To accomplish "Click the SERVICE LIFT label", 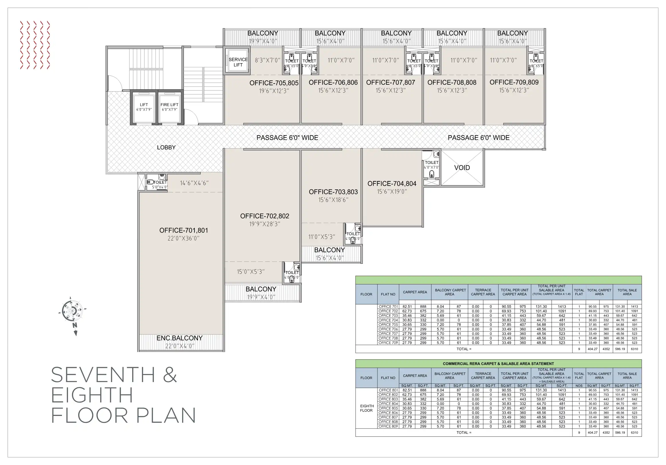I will pyautogui.click(x=238, y=62).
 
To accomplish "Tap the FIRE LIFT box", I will pyautogui.click(x=170, y=107).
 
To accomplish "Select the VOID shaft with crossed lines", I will pyautogui.click(x=462, y=168).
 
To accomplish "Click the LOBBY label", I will pyautogui.click(x=166, y=148).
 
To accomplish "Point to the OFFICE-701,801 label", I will pyautogui.click(x=184, y=230).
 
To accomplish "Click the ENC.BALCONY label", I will pyautogui.click(x=180, y=338).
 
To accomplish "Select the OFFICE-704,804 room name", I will pyautogui.click(x=392, y=184).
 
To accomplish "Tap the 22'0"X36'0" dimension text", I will pyautogui.click(x=184, y=239).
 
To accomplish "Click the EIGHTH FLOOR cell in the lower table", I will pyautogui.click(x=366, y=408).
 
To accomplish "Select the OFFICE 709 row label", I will pyautogui.click(x=388, y=343).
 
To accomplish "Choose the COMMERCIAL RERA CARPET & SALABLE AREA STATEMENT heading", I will pyautogui.click(x=498, y=364).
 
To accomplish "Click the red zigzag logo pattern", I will pyautogui.click(x=35, y=45).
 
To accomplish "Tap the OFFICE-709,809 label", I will pyautogui.click(x=514, y=82).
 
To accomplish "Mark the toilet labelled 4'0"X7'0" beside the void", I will pyautogui.click(x=431, y=165).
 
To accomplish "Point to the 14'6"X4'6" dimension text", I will pyautogui.click(x=194, y=183).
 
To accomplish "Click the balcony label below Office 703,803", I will pyautogui.click(x=330, y=250).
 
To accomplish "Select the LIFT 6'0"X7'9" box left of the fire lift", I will pyautogui.click(x=144, y=107).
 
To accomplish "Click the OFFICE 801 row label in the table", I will pyautogui.click(x=388, y=390).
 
